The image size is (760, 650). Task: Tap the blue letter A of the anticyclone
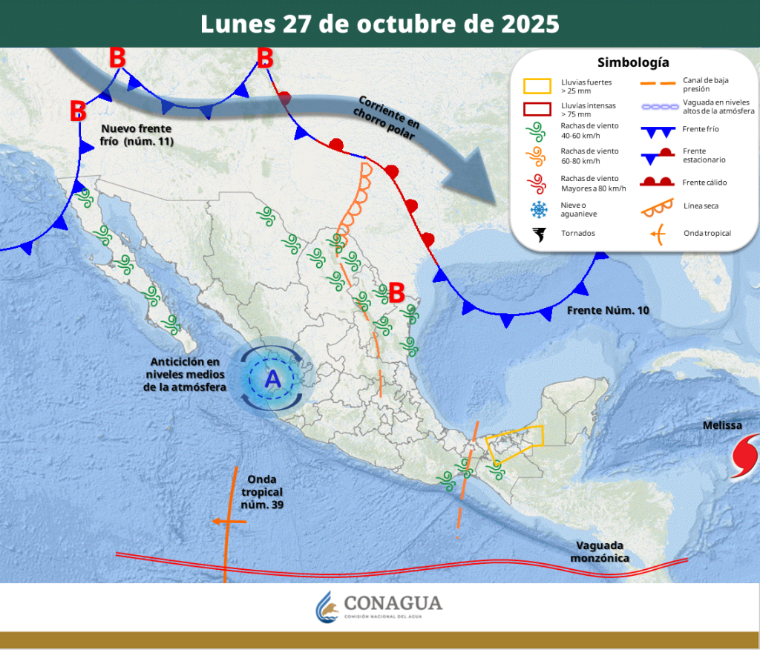pyautogui.click(x=273, y=379)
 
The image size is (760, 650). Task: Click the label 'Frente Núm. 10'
pyautogui.click(x=608, y=309)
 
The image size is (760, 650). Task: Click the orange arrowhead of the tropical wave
pyautogui.click(x=216, y=522)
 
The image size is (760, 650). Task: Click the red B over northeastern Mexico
pyautogui.click(x=396, y=292)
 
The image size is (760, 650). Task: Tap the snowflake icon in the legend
pyautogui.click(x=538, y=209)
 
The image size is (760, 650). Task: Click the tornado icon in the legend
pyautogui.click(x=538, y=234)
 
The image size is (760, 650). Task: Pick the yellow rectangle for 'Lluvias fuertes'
pyautogui.click(x=537, y=86)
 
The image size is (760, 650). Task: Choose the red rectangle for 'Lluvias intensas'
pyautogui.click(x=537, y=109)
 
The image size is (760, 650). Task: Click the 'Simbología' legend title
pyautogui.click(x=633, y=62)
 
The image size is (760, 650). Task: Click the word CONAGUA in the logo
pyautogui.click(x=393, y=603)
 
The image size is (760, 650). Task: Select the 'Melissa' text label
pyautogui.click(x=722, y=426)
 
